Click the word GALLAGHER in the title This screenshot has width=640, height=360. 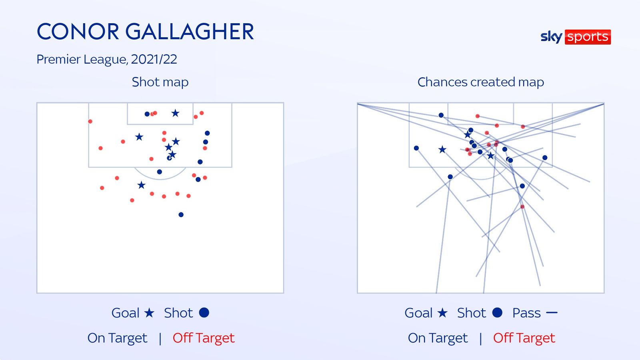(x=190, y=32)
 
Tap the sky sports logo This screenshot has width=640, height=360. (x=575, y=37)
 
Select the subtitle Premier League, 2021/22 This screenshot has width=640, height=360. (x=107, y=59)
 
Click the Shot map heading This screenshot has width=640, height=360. (x=160, y=82)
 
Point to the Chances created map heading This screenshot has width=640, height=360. (x=480, y=82)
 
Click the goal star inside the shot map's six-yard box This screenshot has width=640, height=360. (x=175, y=113)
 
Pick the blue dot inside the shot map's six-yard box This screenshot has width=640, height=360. (x=147, y=114)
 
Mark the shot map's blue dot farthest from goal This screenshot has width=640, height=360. (x=181, y=215)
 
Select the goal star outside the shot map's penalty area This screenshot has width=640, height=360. (x=141, y=185)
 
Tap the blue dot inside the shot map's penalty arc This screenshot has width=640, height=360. (x=160, y=172)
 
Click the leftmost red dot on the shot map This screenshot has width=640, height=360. (x=90, y=121)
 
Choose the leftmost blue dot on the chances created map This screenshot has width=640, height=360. (x=416, y=148)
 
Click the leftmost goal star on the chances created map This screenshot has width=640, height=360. (x=442, y=150)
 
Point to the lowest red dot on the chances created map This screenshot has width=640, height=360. (x=522, y=207)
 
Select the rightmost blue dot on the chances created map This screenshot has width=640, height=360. (x=545, y=158)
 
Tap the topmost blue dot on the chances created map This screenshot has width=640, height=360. (x=441, y=115)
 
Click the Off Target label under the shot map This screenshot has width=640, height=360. (x=204, y=338)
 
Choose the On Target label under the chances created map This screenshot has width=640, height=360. (x=438, y=338)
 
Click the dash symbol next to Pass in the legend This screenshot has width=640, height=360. (x=552, y=312)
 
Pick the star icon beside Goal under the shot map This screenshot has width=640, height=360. (x=149, y=312)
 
